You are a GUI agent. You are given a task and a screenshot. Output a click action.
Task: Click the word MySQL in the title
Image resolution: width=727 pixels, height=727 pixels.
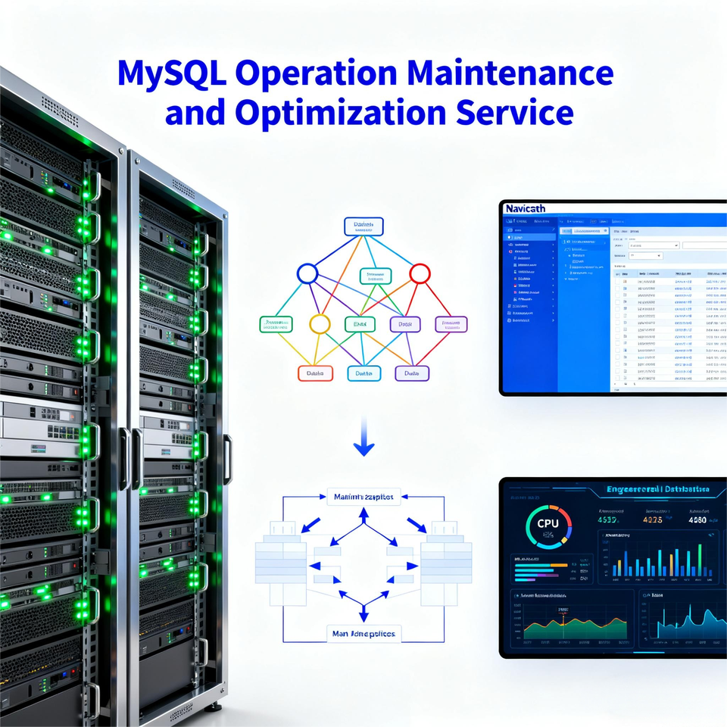coord(172,73)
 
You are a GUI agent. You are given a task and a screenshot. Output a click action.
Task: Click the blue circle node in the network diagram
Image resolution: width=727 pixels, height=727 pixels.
coord(307,273)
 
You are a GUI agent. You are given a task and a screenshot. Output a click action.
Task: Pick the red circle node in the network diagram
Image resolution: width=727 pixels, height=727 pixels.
coord(420,273)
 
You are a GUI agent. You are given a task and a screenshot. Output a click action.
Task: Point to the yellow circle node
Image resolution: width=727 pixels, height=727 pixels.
coord(320,324)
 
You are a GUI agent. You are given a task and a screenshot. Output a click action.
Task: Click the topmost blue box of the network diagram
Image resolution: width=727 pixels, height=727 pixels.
coord(363,226)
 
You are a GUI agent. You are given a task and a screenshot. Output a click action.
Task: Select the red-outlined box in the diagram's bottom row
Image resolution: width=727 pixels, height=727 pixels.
coord(314,373)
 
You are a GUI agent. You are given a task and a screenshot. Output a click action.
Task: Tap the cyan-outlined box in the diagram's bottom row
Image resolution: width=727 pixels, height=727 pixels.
coord(363,373)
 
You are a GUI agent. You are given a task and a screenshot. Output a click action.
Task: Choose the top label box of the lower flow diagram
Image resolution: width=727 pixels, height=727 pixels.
coord(363,498)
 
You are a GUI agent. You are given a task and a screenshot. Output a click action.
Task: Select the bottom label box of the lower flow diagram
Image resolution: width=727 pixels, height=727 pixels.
coord(363,632)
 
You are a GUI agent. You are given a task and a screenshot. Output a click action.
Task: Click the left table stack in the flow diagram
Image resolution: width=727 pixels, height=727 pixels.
coord(280,557)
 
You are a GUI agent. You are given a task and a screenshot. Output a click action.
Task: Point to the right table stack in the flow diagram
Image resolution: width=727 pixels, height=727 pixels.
coord(446,557)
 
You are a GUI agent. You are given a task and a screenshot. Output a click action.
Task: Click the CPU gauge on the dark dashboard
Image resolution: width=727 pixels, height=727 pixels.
coord(547,524)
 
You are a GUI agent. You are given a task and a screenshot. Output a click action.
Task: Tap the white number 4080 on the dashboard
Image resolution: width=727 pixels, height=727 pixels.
coord(697,520)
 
